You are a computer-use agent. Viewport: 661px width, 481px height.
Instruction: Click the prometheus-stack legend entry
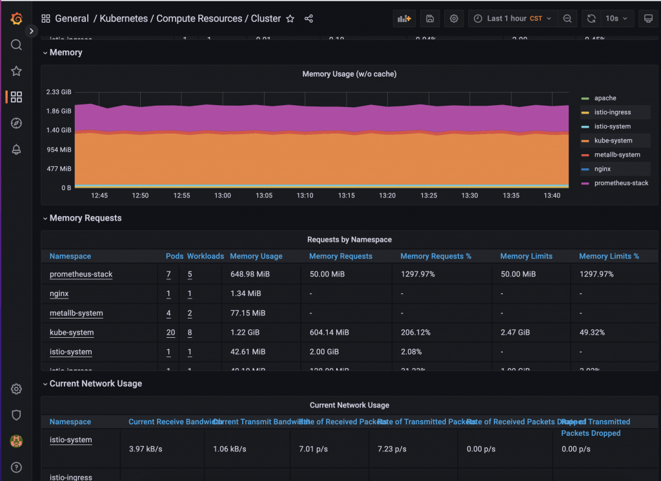(x=621, y=183)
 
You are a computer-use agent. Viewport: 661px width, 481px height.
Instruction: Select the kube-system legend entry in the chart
(x=613, y=141)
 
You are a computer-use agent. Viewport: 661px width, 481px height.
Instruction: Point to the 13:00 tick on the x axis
(x=223, y=195)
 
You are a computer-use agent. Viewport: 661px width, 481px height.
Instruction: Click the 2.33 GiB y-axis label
(x=58, y=92)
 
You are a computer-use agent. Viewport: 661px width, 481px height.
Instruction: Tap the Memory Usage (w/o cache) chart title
(x=349, y=74)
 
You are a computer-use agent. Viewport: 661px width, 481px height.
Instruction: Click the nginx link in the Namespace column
(x=59, y=294)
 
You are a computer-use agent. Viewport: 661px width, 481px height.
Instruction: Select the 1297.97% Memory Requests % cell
(x=418, y=275)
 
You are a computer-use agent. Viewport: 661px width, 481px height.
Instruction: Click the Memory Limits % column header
(x=609, y=256)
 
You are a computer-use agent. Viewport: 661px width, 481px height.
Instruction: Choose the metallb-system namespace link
(x=76, y=313)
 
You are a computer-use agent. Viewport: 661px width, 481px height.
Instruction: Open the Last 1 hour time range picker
(x=513, y=19)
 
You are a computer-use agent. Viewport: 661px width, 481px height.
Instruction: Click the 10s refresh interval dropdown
(x=616, y=19)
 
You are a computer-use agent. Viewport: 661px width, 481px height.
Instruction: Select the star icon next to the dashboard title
(x=290, y=19)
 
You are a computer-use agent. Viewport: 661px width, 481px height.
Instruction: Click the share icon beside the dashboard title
(x=309, y=19)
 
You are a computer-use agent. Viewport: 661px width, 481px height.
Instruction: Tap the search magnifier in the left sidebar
(x=17, y=45)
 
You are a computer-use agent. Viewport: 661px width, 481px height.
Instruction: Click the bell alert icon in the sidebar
(x=17, y=150)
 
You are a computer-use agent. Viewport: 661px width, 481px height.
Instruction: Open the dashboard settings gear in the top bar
(x=454, y=19)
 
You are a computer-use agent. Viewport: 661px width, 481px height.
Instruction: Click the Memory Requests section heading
(x=85, y=218)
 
